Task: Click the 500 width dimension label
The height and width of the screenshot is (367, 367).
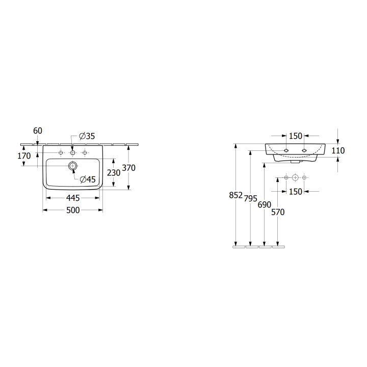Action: tap(73, 210)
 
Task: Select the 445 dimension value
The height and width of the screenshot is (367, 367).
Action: tap(73, 198)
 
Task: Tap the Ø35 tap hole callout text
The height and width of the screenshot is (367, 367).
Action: tap(87, 136)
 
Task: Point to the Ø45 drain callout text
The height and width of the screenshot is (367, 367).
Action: tap(88, 179)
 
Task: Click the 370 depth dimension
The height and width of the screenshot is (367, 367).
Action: tap(129, 168)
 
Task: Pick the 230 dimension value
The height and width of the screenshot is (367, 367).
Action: tap(114, 173)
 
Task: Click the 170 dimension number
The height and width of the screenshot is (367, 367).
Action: tap(24, 155)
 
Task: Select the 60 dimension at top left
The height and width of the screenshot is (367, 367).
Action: tap(38, 131)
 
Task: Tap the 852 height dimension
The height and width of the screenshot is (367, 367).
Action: tap(235, 195)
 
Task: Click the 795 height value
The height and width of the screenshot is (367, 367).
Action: tap(250, 198)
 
